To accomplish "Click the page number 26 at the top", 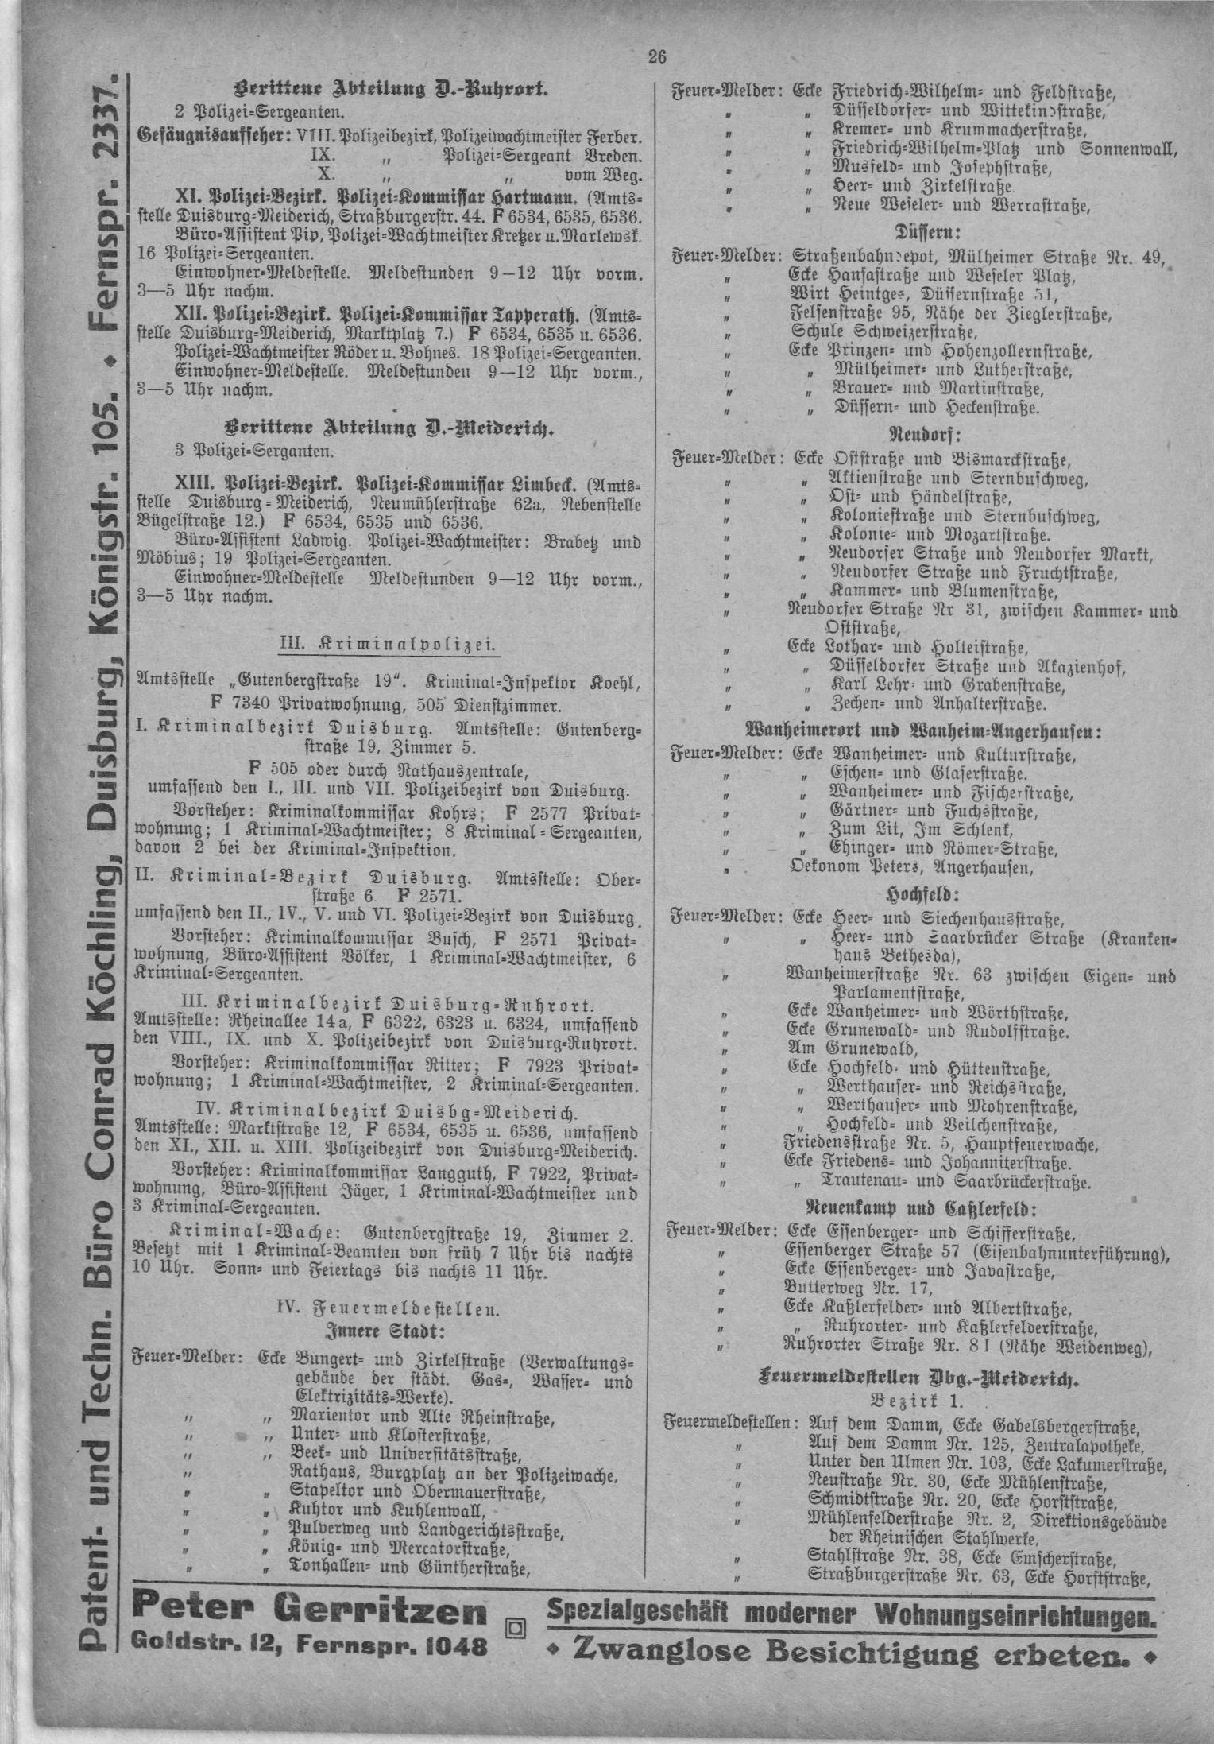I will coord(655,56).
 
